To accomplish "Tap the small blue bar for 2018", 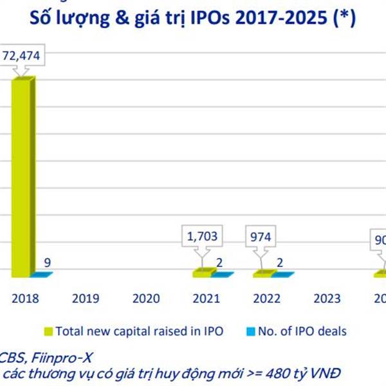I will pyautogui.click(x=41, y=275).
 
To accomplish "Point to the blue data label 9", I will pyautogui.click(x=47, y=262).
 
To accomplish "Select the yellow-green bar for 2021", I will pyautogui.click(x=203, y=273).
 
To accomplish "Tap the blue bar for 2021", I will pyautogui.click(x=222, y=275).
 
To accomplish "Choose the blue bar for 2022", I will pyautogui.click(x=282, y=275).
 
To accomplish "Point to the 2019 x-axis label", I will pyautogui.click(x=85, y=299).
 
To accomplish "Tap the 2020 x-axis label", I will pyautogui.click(x=145, y=299).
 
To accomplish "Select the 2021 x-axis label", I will pyautogui.click(x=205, y=299).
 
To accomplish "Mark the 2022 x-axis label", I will pyautogui.click(x=265, y=299).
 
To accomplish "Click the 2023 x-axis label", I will pyautogui.click(x=326, y=299).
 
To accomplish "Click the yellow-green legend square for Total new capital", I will pyautogui.click(x=48, y=332).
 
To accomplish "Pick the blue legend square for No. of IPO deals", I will pyautogui.click(x=251, y=332).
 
